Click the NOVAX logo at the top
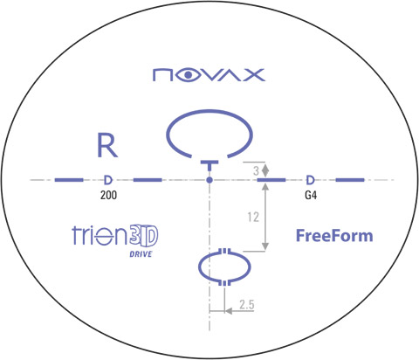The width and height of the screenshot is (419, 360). [x=209, y=75]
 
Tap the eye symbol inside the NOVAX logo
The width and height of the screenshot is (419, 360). [x=188, y=75]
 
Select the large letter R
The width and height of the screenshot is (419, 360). [x=107, y=145]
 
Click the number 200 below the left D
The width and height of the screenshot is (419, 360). [x=108, y=195]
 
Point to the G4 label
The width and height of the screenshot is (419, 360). [x=311, y=195]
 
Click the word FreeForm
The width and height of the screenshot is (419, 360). [x=334, y=236]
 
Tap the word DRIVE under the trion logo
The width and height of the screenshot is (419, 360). [x=141, y=254]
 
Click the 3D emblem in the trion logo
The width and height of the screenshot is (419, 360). [x=143, y=235]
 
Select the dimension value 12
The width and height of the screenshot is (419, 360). [x=253, y=217]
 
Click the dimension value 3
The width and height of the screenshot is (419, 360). [x=256, y=171]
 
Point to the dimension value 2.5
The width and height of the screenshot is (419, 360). [x=247, y=305]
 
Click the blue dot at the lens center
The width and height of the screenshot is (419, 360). [x=209, y=180]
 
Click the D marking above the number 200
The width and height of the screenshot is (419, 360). [x=108, y=180]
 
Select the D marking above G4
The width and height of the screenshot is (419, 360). [x=311, y=180]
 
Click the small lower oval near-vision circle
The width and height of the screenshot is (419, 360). [x=199, y=267]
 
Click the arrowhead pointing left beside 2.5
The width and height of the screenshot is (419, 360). [x=229, y=311]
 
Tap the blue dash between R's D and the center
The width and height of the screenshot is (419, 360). [x=148, y=180]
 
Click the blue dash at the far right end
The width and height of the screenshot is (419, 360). [x=350, y=180]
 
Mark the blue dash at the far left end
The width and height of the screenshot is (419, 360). [x=69, y=180]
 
